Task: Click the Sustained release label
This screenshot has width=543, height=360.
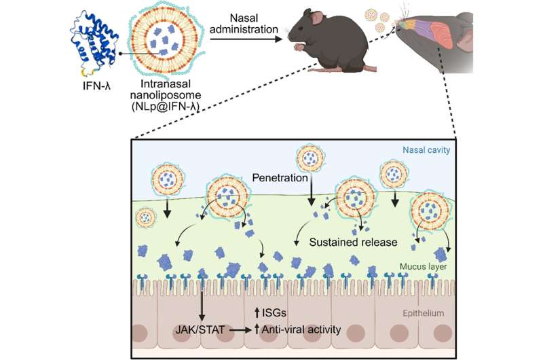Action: [352, 240]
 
